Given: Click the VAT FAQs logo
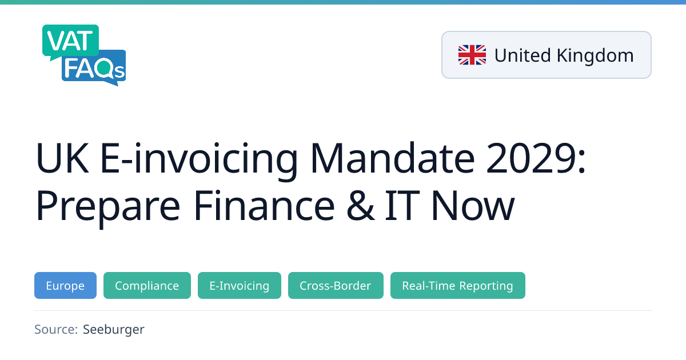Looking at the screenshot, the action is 84,55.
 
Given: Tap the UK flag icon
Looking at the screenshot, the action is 472,55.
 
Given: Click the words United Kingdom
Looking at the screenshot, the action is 564,55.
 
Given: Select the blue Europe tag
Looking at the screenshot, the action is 65,285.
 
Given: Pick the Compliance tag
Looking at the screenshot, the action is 147,285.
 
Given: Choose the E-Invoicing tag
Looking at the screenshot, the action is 240,285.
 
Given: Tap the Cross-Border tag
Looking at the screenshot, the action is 336,285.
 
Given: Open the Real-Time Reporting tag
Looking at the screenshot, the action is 458,285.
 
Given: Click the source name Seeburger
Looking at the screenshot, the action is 114,330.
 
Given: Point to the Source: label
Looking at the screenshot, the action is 56,329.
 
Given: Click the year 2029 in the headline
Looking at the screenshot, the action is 531,158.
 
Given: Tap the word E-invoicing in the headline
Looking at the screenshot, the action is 199,161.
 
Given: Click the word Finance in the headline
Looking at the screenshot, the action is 264,205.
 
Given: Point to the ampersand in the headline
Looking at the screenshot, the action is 360,205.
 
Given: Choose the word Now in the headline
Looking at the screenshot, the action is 473,205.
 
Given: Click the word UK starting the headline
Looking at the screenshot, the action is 62,158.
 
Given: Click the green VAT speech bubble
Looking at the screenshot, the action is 70,42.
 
